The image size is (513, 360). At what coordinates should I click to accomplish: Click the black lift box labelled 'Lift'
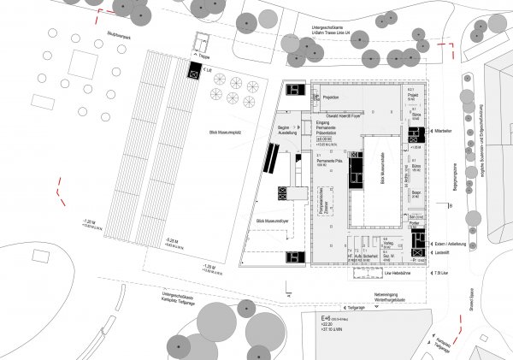pos(195,74)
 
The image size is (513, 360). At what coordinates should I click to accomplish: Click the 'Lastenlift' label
pos(442,254)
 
